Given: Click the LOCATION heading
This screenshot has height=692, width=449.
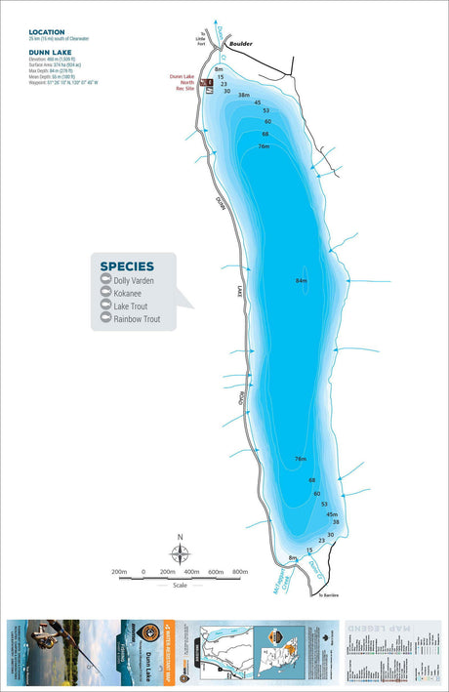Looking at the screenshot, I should coord(47,32).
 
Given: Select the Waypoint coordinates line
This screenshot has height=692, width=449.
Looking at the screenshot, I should coord(63,83).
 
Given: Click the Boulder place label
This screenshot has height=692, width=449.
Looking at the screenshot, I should coord(240,45).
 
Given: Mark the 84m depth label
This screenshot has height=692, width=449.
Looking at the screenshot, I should coord(301,281).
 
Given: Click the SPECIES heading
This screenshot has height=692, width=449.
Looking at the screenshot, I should coord(127,265).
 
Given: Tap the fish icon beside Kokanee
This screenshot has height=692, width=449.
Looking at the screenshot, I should coord(102,294).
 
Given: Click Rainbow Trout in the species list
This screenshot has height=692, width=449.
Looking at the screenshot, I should coord(136,319).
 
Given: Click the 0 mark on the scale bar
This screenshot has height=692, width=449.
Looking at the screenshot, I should coord(143,572).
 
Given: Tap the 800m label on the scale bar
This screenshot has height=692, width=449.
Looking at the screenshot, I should coord(240,572).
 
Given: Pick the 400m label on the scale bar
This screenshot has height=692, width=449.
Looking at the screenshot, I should coord(191,572).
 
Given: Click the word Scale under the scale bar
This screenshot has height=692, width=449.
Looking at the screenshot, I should coord(181,586).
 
